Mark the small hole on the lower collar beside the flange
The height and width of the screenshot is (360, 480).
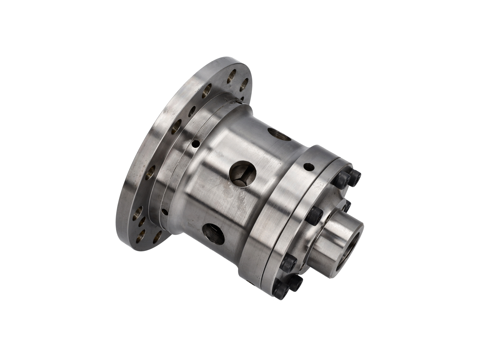tap(163, 212)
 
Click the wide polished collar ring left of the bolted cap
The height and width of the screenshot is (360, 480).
tap(270, 210)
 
